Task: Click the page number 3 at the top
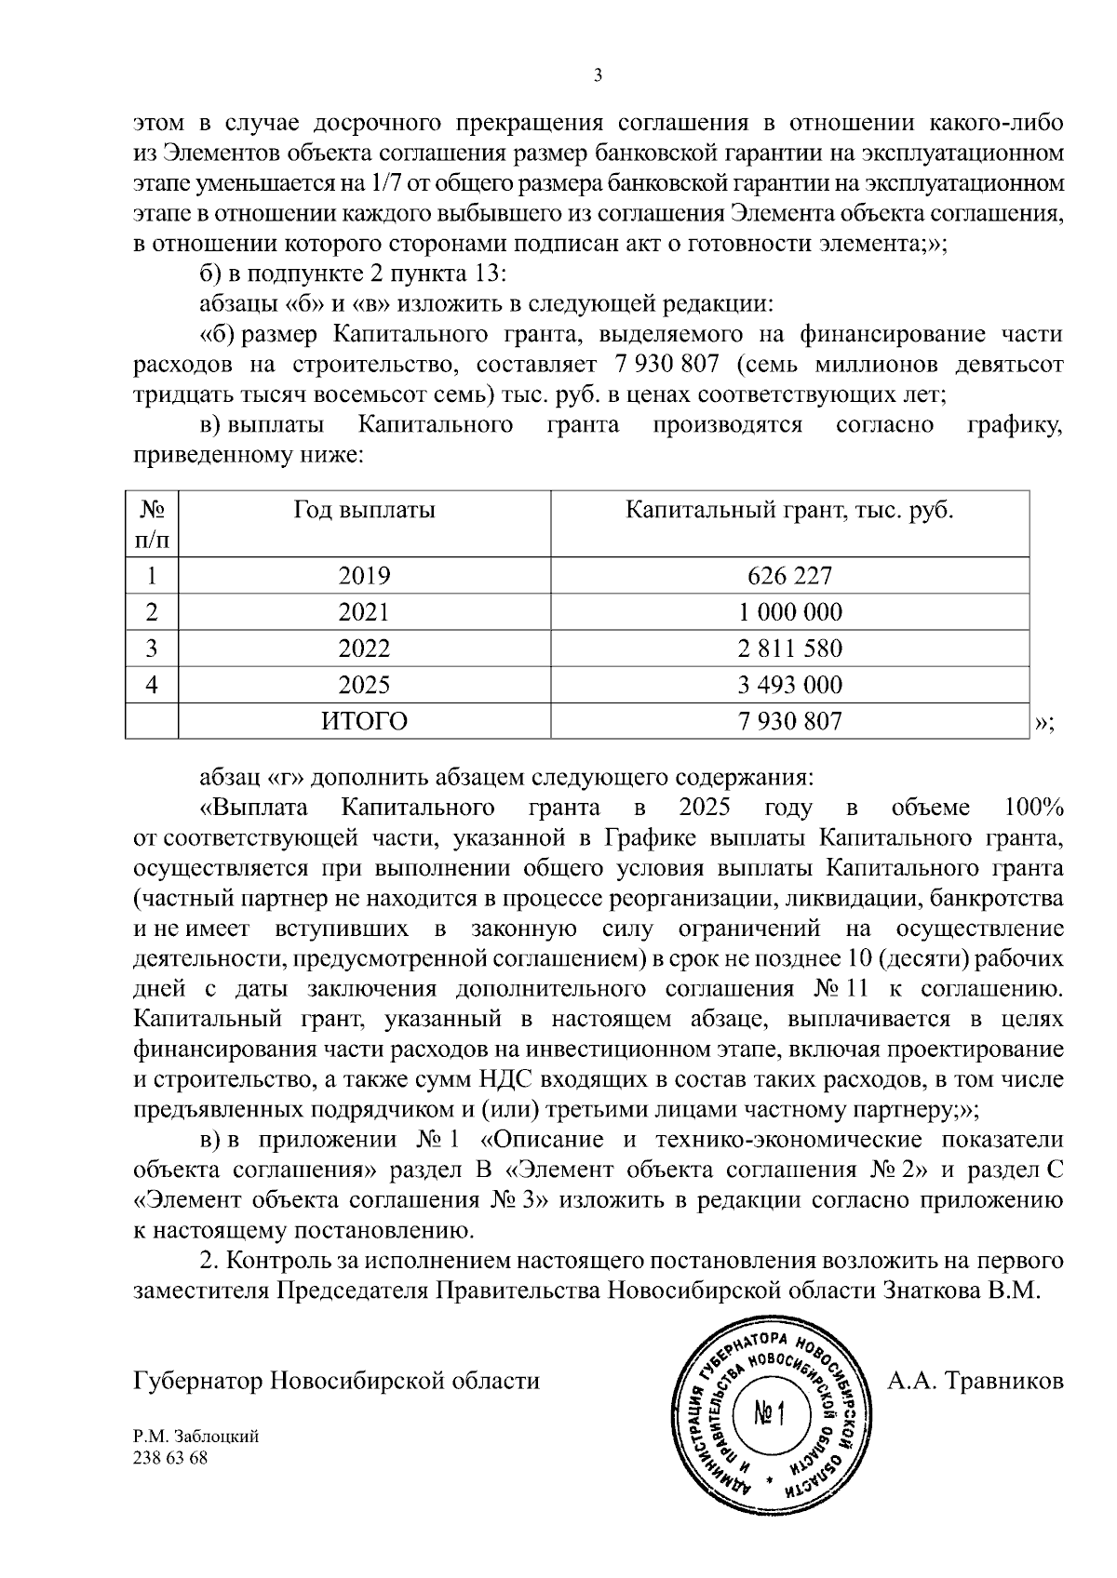597,76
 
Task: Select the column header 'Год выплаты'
364,510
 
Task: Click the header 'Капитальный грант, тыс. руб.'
789,510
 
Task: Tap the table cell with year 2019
364,576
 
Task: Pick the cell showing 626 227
789,576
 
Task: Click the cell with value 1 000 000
789,612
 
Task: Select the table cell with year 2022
364,649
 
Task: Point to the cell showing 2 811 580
789,649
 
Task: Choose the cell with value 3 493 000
789,686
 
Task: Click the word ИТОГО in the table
364,721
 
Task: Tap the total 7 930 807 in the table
789,721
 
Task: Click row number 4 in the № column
152,686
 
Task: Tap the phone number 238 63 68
171,1458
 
